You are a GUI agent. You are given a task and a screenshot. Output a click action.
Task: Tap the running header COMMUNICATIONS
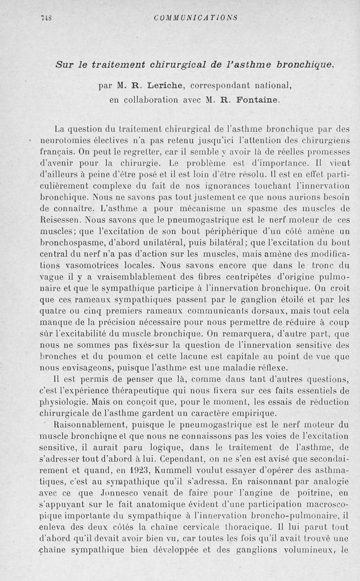coord(195,18)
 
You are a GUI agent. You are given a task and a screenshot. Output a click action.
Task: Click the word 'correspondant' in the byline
coord(223,85)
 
